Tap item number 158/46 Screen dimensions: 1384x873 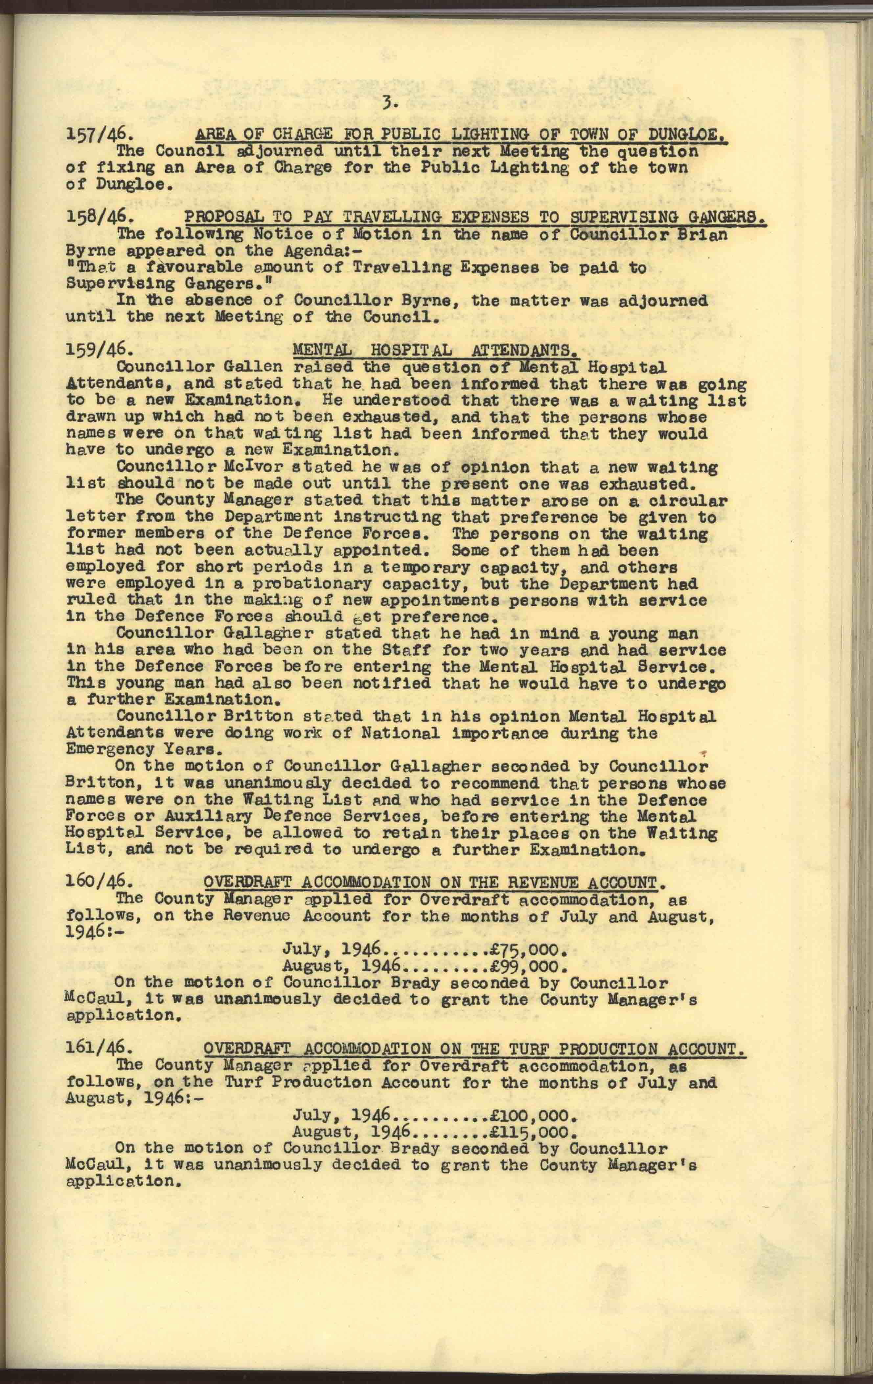(x=93, y=218)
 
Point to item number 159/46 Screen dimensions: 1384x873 (x=93, y=350)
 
